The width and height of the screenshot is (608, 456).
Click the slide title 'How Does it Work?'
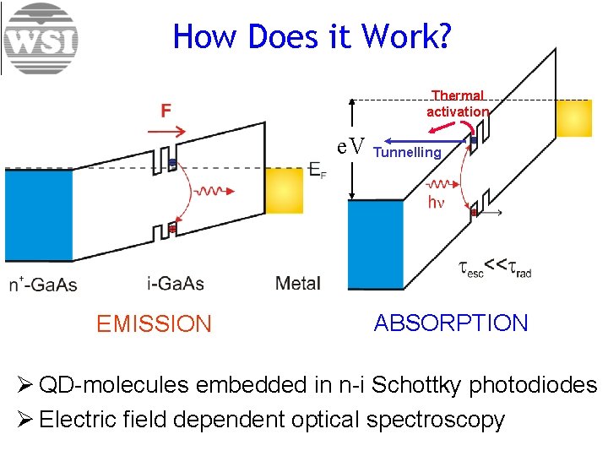(x=312, y=36)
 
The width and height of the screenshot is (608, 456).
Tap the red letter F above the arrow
(x=167, y=111)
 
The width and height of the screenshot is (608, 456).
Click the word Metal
(x=298, y=284)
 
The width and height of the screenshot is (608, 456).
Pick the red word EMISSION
(x=154, y=323)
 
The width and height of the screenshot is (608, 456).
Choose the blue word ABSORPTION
(x=451, y=323)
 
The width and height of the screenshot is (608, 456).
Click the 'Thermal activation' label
(x=458, y=104)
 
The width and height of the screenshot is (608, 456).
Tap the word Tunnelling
(x=407, y=153)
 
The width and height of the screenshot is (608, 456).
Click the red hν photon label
(x=436, y=203)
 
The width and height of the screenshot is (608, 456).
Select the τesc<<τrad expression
(x=495, y=268)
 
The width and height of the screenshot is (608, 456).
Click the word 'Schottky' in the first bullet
(x=413, y=385)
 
